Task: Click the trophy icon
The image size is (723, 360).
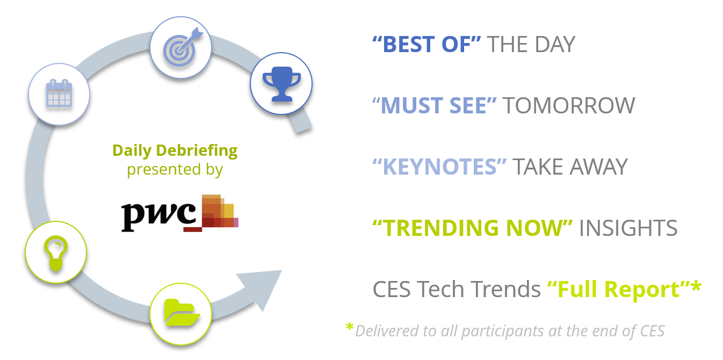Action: pyautogui.click(x=281, y=84)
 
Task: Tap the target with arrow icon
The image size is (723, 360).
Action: pyautogui.click(x=183, y=47)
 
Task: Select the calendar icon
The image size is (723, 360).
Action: pyautogui.click(x=59, y=93)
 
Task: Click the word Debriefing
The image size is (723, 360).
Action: pyautogui.click(x=197, y=151)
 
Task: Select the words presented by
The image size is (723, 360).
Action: pyautogui.click(x=175, y=169)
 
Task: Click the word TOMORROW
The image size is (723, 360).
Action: pyautogui.click(x=569, y=105)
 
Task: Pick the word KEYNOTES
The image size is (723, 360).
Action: pyautogui.click(x=439, y=167)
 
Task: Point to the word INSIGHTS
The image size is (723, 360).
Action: pyautogui.click(x=628, y=228)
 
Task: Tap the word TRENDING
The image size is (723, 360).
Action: pyautogui.click(x=442, y=228)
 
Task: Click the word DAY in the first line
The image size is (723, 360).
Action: pyautogui.click(x=555, y=44)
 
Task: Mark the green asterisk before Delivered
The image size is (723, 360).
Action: pyautogui.click(x=349, y=327)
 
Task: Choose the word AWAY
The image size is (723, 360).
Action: pyautogui.click(x=599, y=167)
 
